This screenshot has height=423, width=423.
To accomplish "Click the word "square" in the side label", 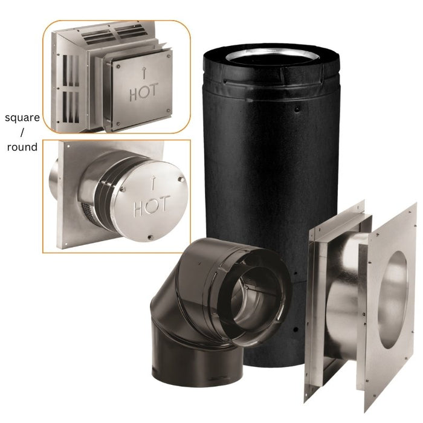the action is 22,118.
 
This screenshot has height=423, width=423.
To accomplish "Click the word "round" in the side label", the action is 22,147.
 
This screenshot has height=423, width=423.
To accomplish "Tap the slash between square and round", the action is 22,132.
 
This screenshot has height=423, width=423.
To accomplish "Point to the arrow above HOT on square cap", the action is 144,73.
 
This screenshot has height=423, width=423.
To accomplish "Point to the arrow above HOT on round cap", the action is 153,182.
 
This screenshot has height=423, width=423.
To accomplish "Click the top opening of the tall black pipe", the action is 272,57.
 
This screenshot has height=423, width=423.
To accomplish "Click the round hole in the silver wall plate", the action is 393,300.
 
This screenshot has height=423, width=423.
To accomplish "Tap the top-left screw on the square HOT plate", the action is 118,65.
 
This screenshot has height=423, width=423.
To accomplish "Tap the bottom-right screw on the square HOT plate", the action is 169,111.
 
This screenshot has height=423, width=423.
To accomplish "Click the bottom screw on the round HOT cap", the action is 150,237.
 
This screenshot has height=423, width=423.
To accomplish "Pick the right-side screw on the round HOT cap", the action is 182,179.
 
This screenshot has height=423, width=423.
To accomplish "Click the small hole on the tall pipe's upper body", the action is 297,109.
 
